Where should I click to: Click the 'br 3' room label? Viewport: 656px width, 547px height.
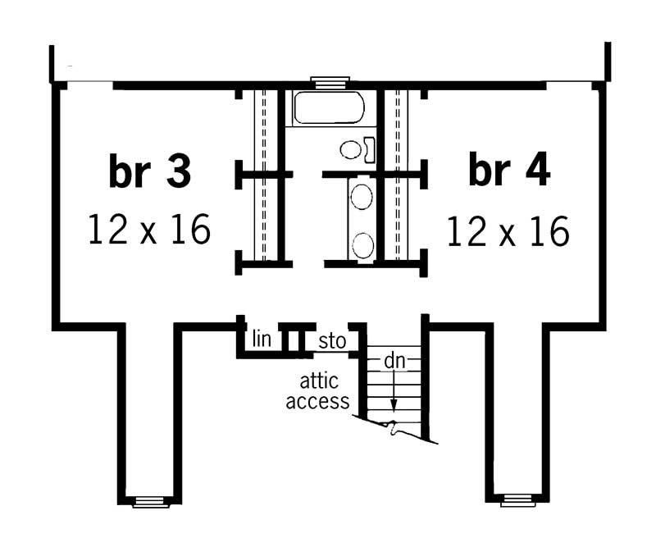click(149, 171)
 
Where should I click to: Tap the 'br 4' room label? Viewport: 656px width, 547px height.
click(509, 171)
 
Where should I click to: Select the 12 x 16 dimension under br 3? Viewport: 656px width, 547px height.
click(149, 230)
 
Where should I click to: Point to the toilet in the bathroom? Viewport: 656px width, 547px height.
click(352, 149)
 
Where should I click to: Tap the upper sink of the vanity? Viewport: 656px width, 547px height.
click(362, 196)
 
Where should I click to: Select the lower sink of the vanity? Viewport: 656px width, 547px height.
click(362, 242)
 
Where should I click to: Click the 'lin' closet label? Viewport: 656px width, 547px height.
click(262, 337)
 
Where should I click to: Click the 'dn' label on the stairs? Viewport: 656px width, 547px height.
click(394, 360)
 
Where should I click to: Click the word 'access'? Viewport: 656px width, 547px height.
click(325, 402)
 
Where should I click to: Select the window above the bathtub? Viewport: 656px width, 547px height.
click(330, 80)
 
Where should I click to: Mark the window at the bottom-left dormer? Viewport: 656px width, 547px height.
click(148, 500)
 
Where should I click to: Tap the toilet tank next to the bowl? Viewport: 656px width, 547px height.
click(370, 149)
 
